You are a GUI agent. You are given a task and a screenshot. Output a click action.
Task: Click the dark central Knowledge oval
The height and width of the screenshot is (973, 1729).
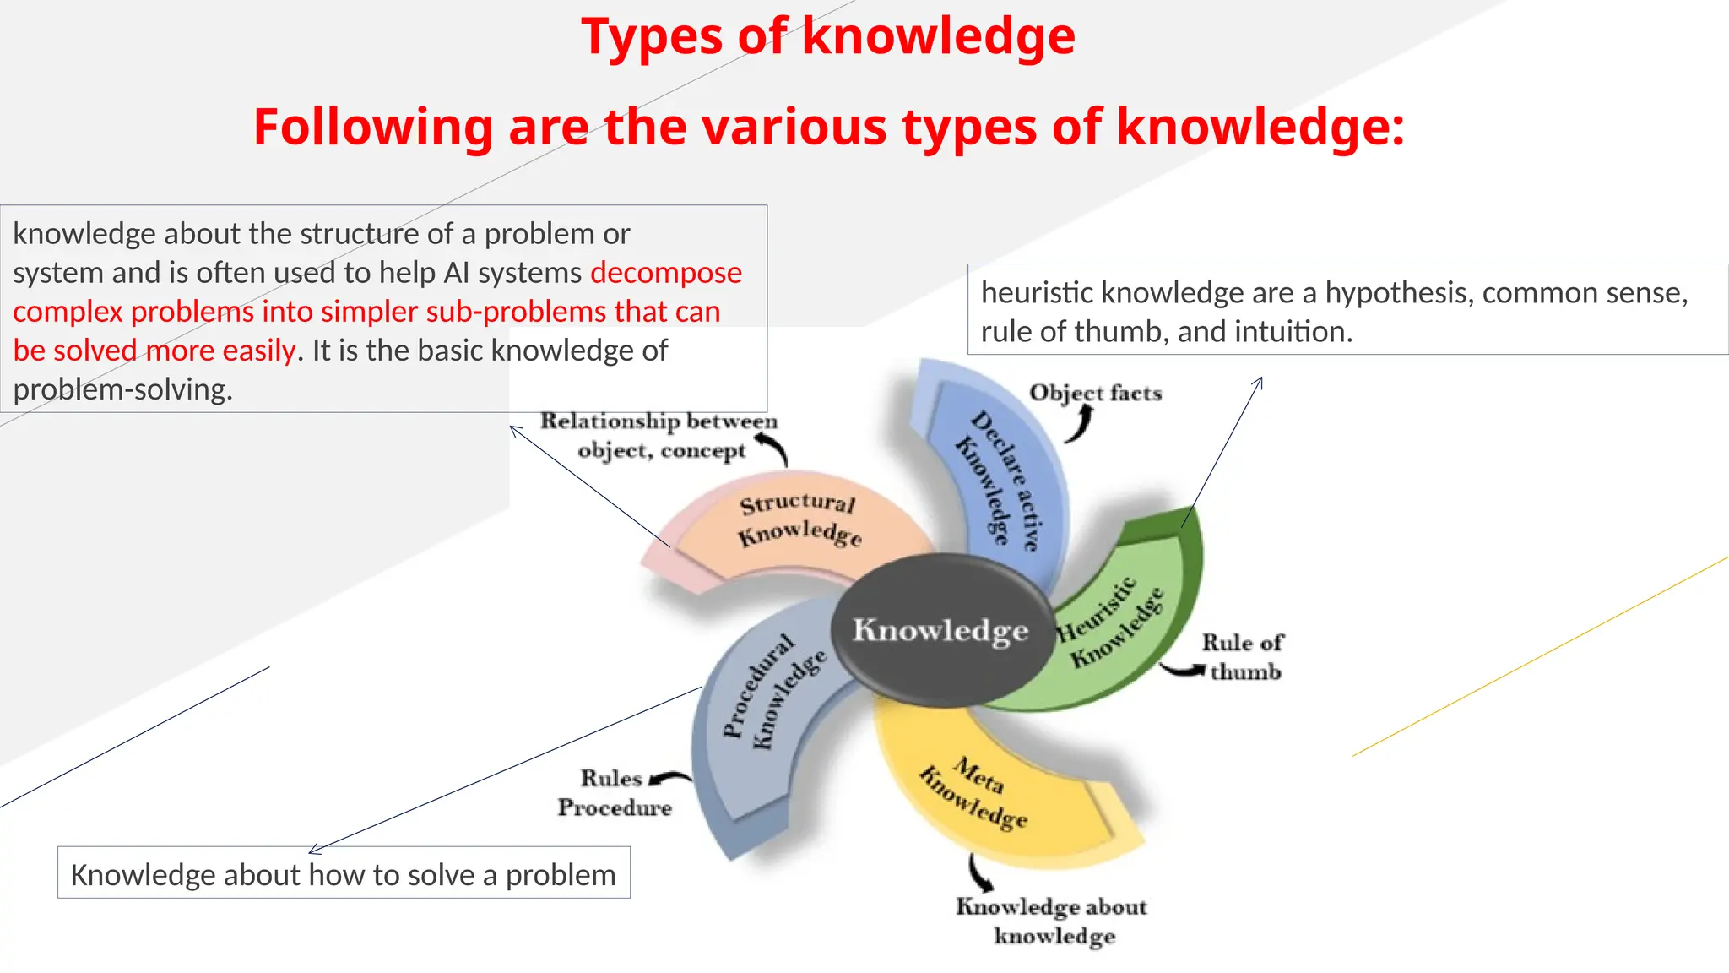click(x=941, y=630)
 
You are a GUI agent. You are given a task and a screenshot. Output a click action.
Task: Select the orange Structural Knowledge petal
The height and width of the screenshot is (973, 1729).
click(x=798, y=524)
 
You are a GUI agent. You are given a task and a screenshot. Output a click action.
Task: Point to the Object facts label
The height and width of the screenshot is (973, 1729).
click(x=1096, y=393)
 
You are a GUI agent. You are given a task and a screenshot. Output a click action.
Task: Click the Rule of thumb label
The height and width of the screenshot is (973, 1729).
click(x=1243, y=657)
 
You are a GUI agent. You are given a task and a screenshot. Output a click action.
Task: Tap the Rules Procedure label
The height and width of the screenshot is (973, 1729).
click(x=614, y=792)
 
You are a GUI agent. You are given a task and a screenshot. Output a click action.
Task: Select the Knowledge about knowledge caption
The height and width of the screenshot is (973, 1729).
click(x=1053, y=921)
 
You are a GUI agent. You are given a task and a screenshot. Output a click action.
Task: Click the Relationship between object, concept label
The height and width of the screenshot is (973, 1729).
click(x=659, y=435)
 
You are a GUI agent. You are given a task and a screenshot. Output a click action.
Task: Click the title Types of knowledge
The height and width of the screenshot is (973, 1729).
click(x=828, y=37)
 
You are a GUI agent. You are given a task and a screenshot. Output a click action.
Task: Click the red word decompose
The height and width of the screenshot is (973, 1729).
click(x=666, y=273)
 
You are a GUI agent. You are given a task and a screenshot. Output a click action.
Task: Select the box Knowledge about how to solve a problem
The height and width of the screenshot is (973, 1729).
click(x=344, y=873)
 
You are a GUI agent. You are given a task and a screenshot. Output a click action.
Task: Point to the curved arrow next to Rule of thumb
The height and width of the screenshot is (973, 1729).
click(x=1183, y=671)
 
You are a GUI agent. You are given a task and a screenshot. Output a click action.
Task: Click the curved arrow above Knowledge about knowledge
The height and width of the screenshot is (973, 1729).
click(x=979, y=872)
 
